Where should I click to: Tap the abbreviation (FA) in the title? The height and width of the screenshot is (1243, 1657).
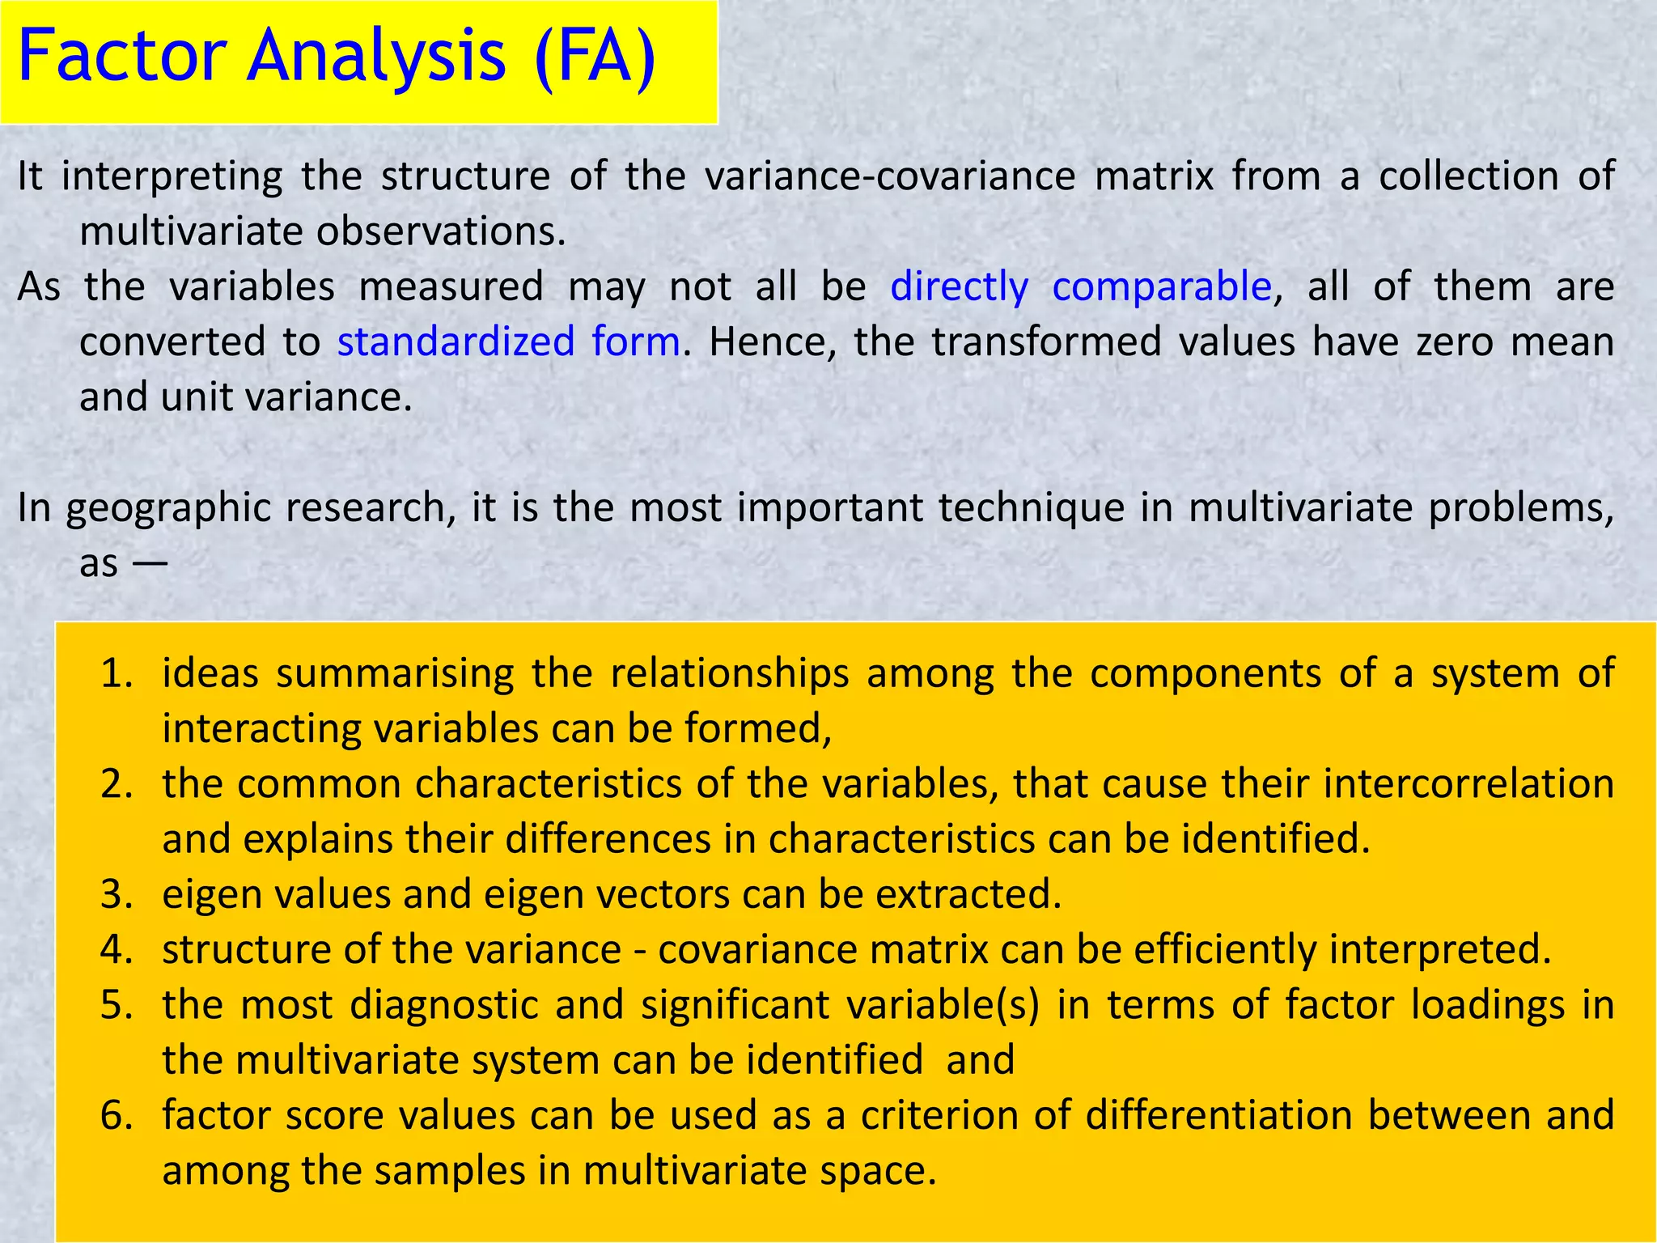click(595, 57)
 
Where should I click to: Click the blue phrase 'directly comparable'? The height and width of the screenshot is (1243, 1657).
click(1081, 286)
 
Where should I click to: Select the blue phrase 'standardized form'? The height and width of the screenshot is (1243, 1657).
click(508, 342)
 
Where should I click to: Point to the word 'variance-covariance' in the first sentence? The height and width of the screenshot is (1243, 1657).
click(890, 176)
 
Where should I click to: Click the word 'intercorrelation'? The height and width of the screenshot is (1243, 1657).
click(1468, 784)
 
